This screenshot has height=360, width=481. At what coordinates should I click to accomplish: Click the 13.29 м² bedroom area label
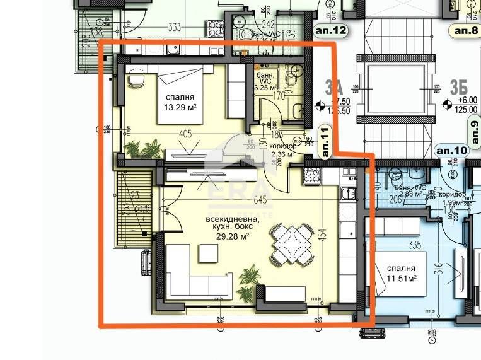click(180, 107)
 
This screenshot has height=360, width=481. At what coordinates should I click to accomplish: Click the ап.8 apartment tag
click(466, 30)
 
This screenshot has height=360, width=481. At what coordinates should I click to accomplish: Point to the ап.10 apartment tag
click(451, 150)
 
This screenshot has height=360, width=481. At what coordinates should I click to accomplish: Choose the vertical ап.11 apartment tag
click(326, 141)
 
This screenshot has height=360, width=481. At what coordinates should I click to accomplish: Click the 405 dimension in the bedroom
click(185, 134)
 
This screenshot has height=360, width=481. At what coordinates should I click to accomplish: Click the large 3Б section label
click(458, 86)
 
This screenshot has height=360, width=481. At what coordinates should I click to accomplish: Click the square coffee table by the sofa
click(208, 253)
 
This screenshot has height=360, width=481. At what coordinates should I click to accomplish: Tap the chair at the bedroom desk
click(135, 79)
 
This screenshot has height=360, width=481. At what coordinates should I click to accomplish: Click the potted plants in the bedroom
click(143, 149)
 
